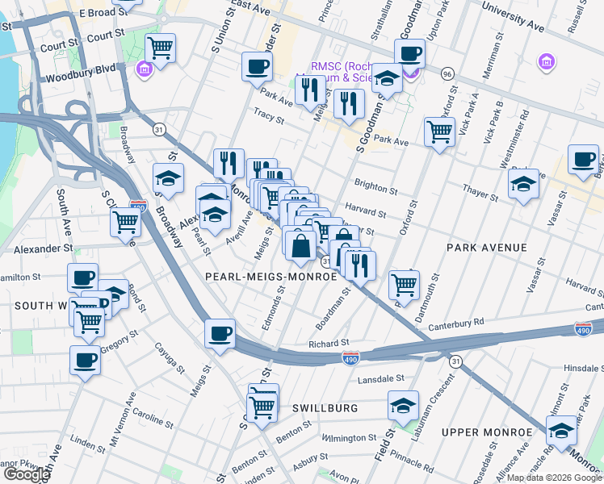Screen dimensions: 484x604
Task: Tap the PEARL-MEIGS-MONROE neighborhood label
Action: coord(271,276)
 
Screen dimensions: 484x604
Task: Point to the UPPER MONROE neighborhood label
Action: coord(487,432)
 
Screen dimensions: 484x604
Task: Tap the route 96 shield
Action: coord(447,73)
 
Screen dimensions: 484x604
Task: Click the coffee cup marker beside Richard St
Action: coord(220,333)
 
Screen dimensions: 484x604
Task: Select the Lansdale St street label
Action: coord(378,378)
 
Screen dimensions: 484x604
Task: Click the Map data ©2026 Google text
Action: coord(554,478)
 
